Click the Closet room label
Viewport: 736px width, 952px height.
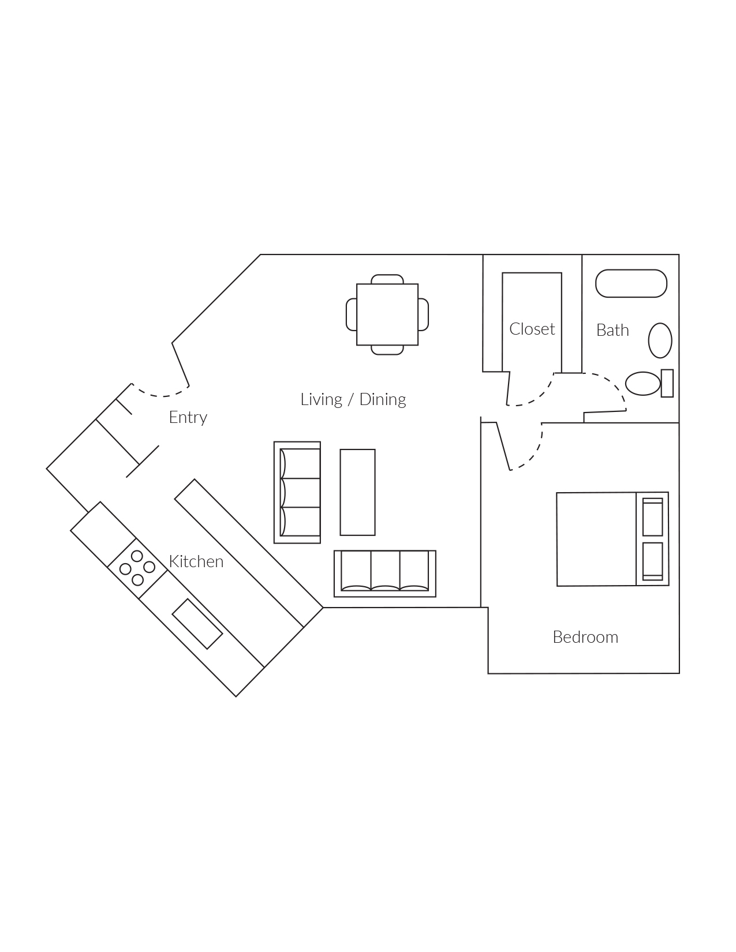click(532, 329)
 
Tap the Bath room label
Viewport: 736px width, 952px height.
click(612, 330)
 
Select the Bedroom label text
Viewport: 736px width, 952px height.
click(585, 637)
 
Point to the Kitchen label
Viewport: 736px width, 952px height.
click(196, 561)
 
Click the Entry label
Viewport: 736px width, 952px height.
click(188, 417)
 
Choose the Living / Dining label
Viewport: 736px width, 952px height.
click(353, 399)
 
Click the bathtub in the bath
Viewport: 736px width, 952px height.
click(631, 283)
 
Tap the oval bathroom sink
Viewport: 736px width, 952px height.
click(660, 340)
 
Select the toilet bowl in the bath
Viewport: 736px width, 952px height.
click(642, 384)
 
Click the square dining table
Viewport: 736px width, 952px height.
click(387, 314)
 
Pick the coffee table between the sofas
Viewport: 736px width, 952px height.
click(357, 492)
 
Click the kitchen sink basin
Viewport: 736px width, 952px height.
click(197, 624)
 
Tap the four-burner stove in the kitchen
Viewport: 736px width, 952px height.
click(137, 568)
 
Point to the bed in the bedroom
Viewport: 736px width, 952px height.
click(612, 539)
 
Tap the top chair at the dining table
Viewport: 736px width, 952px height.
click(387, 279)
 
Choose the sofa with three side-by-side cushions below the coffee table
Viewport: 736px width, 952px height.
click(384, 573)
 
